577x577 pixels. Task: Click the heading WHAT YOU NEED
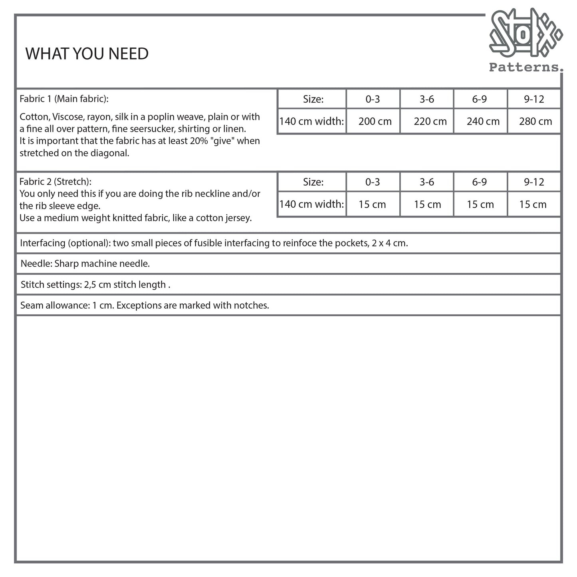point(87,54)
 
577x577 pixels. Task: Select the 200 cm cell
point(375,121)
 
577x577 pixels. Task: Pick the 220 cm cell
point(430,121)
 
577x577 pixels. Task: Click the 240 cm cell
point(483,121)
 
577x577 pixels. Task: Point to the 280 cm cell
point(535,121)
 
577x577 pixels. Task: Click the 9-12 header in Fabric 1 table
point(534,99)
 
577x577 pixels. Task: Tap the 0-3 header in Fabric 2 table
point(372,182)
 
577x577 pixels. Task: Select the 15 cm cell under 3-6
point(427,204)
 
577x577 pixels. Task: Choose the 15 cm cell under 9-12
point(533,204)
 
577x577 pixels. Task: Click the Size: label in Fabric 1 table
point(313,99)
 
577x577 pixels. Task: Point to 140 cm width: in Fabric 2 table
point(311,204)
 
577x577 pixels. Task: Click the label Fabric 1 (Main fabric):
point(64,99)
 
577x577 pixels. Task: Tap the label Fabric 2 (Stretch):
point(56,182)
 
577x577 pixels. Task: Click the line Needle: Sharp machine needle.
point(85,264)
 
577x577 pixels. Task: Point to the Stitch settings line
point(95,285)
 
